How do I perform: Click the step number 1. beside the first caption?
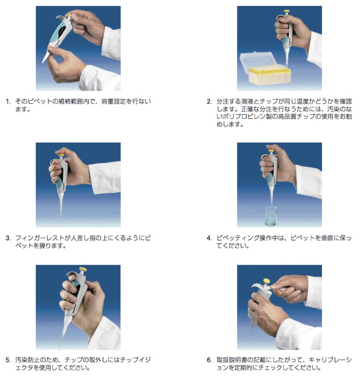tap(8, 102)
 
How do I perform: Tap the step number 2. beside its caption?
tap(209, 102)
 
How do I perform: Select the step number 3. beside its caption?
tap(8, 238)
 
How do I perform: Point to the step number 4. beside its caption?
tap(209, 238)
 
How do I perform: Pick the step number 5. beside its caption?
tap(8, 360)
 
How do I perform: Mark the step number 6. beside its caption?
tap(209, 360)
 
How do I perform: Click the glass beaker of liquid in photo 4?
tap(271, 216)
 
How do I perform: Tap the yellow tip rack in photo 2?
tap(270, 76)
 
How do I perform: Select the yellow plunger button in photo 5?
tap(83, 269)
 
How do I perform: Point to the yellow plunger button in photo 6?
tap(266, 281)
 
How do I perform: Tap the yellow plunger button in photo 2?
tap(287, 11)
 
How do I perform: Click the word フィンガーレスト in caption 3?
tap(40, 238)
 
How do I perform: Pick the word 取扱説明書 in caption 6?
tap(232, 360)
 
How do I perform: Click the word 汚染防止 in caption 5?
tap(28, 360)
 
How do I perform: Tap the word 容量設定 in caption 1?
tap(114, 102)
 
